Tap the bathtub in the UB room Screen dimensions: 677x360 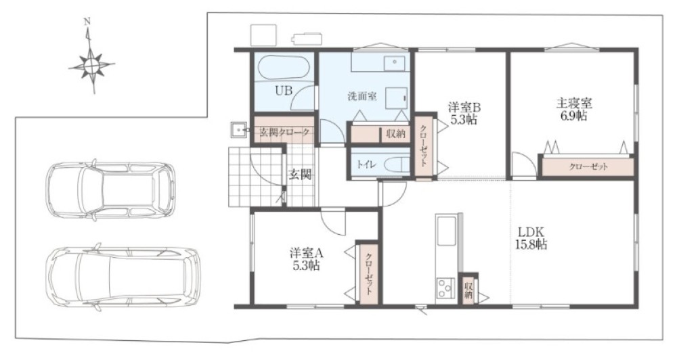point(283,68)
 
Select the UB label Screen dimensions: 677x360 point(284,91)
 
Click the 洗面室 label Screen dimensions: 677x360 point(362,96)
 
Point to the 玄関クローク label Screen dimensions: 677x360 point(284,132)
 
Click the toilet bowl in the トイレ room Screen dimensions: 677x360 point(396,164)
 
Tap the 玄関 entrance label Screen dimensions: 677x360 point(300,175)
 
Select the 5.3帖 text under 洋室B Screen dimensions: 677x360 point(464,120)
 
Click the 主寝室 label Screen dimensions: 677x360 point(573,104)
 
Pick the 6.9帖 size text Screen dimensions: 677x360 point(573,116)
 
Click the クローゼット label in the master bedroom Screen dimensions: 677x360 point(588,166)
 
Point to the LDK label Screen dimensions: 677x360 point(531,231)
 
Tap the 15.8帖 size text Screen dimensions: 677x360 point(531,245)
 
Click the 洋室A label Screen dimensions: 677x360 point(306,253)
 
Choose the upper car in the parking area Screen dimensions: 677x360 point(111,190)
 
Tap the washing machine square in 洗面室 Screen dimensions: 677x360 point(396,98)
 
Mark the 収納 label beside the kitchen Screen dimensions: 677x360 point(468,290)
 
